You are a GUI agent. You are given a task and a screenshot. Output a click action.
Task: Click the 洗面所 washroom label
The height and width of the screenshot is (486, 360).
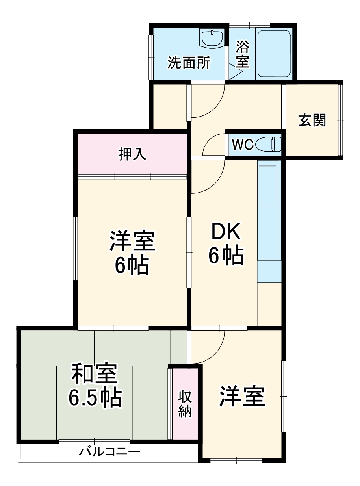point(189,63)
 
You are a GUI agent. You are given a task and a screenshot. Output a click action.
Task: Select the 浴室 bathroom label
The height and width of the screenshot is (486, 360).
point(242,55)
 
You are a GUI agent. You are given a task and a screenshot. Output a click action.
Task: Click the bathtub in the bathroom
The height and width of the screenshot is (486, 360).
point(274,53)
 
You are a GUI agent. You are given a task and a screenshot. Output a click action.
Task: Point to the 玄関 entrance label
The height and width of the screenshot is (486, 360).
point(312,120)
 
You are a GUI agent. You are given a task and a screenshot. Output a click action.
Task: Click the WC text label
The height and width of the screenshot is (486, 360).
point(243,145)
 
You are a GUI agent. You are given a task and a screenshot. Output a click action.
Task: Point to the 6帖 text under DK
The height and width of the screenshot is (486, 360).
point(225,256)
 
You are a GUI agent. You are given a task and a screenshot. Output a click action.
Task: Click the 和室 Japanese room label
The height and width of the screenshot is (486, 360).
point(94,375)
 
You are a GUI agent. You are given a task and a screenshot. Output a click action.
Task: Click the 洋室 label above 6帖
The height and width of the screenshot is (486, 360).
point(132,241)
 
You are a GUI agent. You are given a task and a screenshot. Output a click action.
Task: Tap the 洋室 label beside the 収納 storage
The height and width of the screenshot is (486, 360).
point(242,397)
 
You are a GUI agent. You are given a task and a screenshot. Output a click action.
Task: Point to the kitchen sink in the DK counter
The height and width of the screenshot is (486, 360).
point(268,185)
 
